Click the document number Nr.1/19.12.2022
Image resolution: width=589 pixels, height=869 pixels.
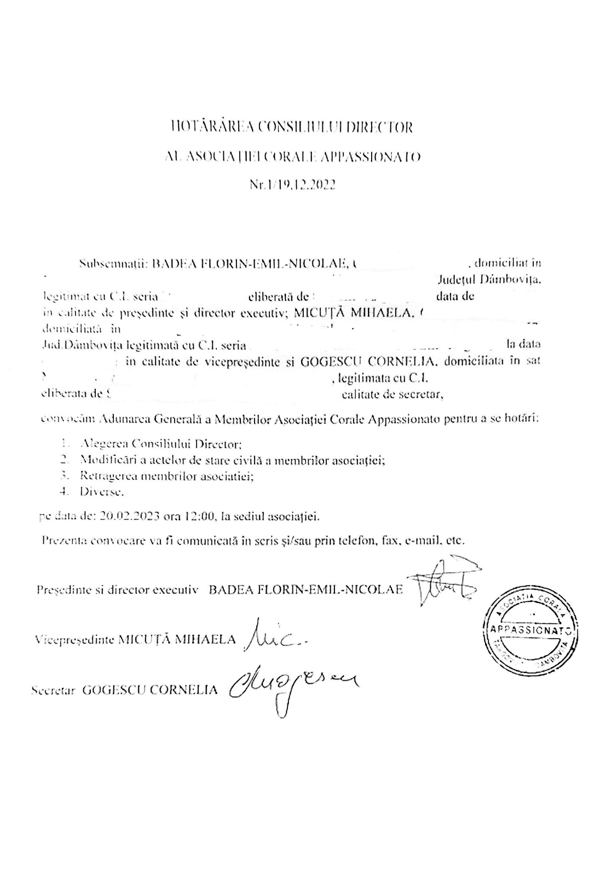(292, 185)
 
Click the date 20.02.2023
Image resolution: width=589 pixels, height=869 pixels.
(130, 515)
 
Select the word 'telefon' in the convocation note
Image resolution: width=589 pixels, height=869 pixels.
(350, 541)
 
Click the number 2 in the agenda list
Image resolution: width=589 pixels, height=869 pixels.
(64, 460)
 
